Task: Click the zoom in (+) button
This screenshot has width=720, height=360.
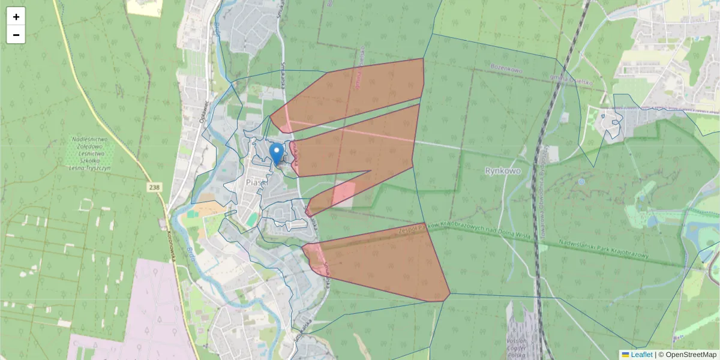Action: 16,17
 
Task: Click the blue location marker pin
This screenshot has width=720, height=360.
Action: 277,154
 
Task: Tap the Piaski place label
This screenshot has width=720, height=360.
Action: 256,181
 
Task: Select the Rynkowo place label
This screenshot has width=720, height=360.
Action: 502,171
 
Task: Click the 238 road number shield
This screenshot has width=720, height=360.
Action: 155,188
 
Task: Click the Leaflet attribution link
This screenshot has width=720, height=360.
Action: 641,355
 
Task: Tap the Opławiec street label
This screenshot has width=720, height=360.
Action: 202,112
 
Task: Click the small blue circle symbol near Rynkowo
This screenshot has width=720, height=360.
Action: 581,181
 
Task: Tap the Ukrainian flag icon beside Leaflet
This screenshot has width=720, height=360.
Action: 625,355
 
